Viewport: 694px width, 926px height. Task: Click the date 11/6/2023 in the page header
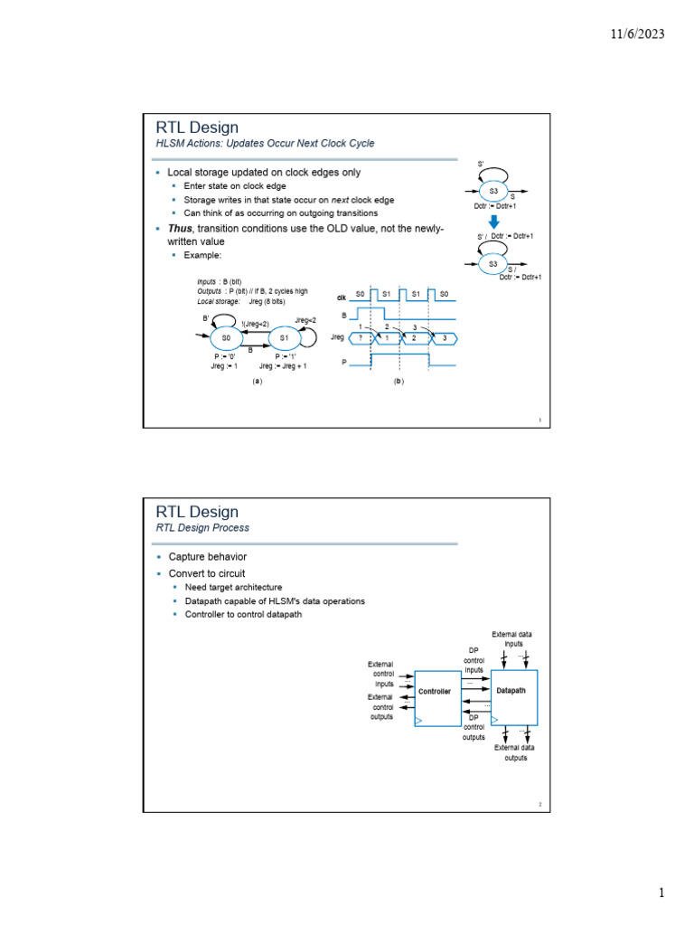point(638,34)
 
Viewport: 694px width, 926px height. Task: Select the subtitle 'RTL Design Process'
point(202,528)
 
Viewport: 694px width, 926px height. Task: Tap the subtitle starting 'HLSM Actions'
point(265,144)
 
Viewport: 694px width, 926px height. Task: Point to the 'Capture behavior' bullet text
point(207,557)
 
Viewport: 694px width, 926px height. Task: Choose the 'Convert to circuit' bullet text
point(206,573)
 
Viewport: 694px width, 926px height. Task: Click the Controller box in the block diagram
point(436,699)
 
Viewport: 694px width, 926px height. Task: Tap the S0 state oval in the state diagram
point(226,338)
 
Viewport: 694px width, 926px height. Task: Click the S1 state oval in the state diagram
point(283,338)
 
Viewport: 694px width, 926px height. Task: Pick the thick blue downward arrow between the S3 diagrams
point(494,222)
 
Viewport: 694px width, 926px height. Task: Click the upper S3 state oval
point(494,192)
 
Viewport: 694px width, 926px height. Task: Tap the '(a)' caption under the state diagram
point(257,382)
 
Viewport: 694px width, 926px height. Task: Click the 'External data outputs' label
point(514,752)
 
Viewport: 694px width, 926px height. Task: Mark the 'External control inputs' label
point(380,674)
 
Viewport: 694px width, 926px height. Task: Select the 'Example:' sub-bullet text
point(202,256)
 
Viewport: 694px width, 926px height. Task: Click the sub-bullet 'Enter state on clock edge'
point(235,186)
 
